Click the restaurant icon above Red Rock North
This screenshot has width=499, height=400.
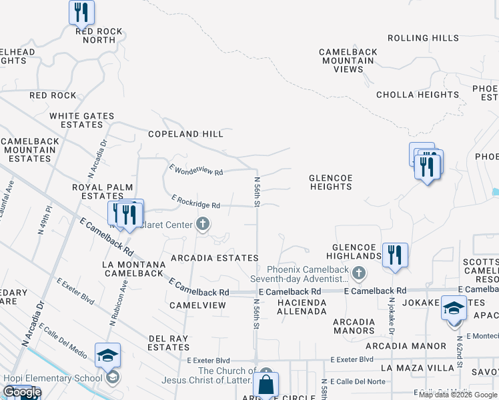point(81,12)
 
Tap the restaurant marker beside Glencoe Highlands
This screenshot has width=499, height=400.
point(394,255)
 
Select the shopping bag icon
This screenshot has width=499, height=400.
point(266,385)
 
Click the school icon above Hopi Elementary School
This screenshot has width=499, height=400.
point(107,355)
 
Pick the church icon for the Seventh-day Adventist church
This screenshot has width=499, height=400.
point(359,272)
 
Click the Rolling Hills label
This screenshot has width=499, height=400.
point(423,39)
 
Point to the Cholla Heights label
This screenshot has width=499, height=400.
point(418,95)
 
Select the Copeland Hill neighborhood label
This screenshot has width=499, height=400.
point(185,134)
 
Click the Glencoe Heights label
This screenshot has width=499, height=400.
point(330,182)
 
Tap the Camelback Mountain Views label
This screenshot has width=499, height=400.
point(348,61)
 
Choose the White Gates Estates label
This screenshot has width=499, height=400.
point(82,120)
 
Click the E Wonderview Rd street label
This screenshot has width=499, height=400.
point(196,171)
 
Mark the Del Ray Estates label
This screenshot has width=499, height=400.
point(169,343)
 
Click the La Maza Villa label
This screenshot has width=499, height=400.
point(413,367)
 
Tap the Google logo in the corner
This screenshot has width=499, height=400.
point(22,393)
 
